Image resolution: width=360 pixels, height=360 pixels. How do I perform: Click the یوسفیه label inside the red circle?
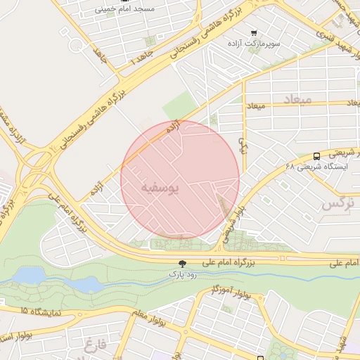[160, 188]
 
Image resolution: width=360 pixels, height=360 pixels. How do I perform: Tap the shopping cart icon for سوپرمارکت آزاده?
[253, 32]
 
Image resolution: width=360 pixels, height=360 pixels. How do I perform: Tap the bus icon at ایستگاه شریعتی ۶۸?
[317, 157]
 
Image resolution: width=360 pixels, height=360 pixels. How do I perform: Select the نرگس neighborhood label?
[335, 204]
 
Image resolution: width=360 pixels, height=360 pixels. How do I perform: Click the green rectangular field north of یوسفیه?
[179, 105]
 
